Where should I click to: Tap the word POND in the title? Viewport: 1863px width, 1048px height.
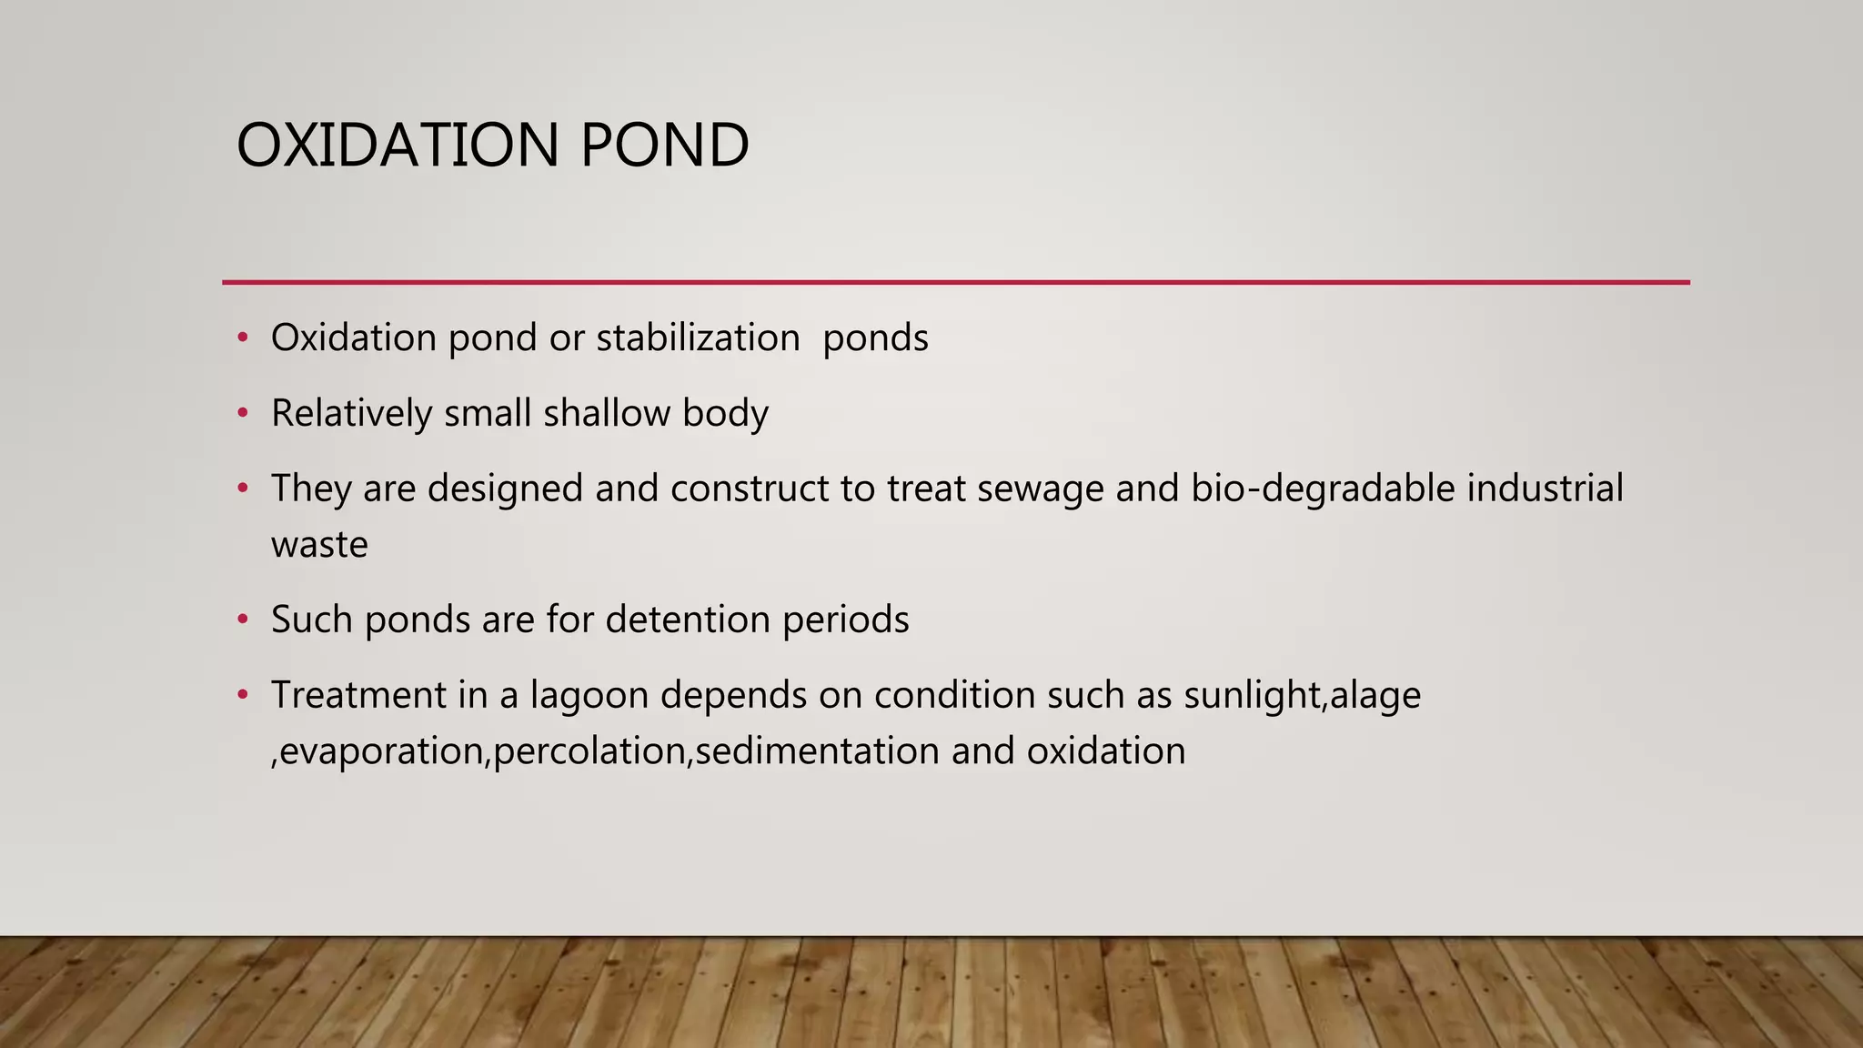click(x=663, y=146)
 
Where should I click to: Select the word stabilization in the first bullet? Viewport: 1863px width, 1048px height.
click(x=698, y=338)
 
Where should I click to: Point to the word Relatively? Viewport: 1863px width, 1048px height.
click(x=351, y=414)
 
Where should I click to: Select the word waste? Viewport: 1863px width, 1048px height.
click(x=319, y=546)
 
